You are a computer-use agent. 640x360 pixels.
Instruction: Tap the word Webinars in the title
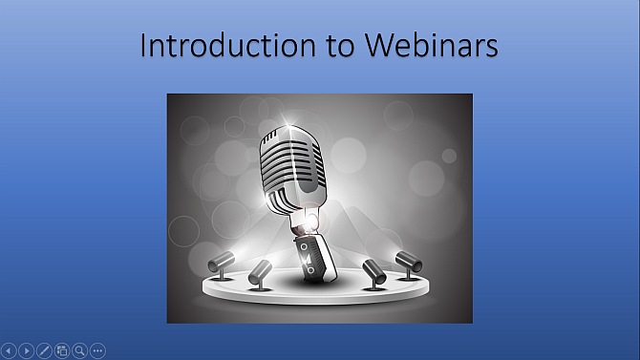tap(427, 46)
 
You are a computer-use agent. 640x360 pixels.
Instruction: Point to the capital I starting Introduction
tap(143, 46)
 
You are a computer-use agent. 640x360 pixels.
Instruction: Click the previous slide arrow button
tap(10, 350)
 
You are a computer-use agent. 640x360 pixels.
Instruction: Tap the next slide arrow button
tap(27, 350)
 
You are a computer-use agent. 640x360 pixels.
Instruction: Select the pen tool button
tap(45, 350)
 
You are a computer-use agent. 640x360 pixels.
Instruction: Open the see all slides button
tap(62, 350)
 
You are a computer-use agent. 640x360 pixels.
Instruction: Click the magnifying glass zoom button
tap(80, 350)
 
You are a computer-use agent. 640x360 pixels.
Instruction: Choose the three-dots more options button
tap(97, 350)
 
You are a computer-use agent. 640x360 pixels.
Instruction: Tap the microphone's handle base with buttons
tap(312, 256)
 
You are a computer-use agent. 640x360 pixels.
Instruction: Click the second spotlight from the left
tap(261, 273)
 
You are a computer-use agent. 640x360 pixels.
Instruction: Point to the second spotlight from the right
tap(373, 271)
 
